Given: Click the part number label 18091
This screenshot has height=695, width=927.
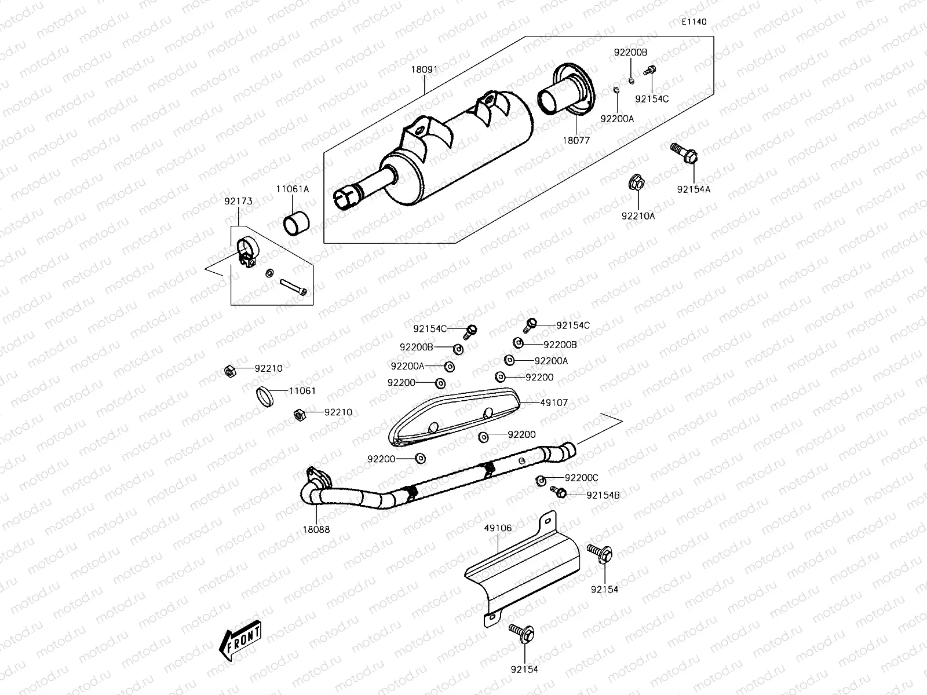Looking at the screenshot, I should pyautogui.click(x=424, y=69).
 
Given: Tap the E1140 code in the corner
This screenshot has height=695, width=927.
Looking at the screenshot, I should pyautogui.click(x=694, y=22).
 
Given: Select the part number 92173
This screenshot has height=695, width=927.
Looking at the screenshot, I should pyautogui.click(x=239, y=202).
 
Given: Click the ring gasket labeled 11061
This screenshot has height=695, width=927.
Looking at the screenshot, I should pyautogui.click(x=267, y=397).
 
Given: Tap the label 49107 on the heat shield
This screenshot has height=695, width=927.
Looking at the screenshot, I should pyautogui.click(x=554, y=402).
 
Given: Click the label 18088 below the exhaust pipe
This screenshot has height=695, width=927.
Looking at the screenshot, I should pyautogui.click(x=316, y=529).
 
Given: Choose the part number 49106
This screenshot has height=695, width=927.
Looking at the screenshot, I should pyautogui.click(x=498, y=528).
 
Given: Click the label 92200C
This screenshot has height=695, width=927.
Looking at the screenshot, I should pyautogui.click(x=581, y=478).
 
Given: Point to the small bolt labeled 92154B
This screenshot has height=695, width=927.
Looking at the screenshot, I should pyautogui.click(x=559, y=492).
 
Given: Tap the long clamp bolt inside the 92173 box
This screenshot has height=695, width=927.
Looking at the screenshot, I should pyautogui.click(x=295, y=287).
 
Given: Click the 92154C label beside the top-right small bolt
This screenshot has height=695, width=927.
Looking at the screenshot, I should pyautogui.click(x=652, y=99).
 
